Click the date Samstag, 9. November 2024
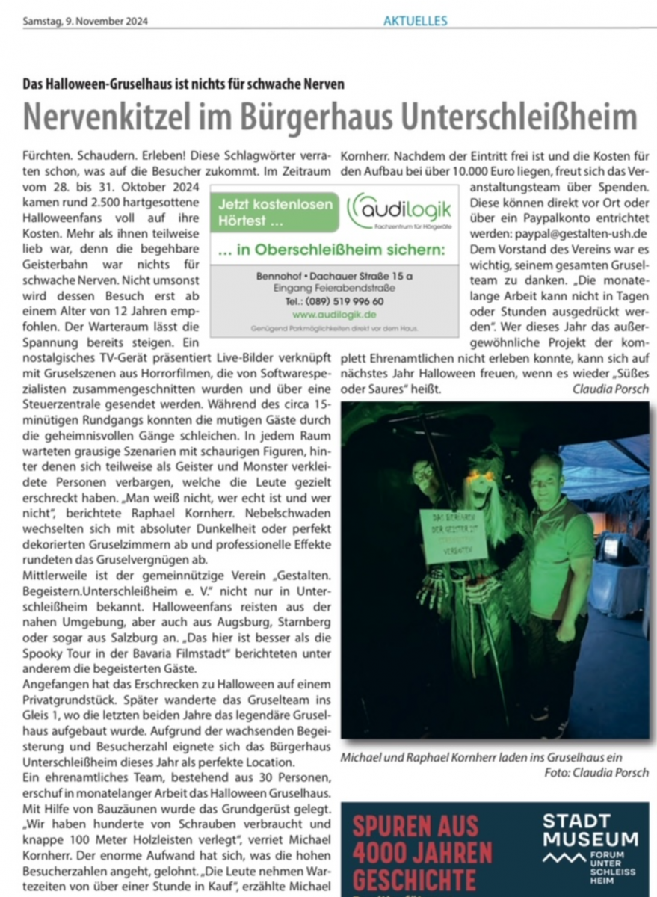pos(85,21)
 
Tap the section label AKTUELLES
pos(415,21)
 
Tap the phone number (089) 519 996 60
pos(334,301)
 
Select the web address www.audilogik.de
pos(334,315)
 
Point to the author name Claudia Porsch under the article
pos(611,389)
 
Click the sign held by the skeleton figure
pos(453,535)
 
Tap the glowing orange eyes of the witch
pos(482,476)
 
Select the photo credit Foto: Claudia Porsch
pos(596,772)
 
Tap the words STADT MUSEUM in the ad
pos(590,830)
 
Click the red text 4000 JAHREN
pos(422,852)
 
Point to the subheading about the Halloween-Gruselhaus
pos(184,84)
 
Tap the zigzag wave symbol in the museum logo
pos(564,857)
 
